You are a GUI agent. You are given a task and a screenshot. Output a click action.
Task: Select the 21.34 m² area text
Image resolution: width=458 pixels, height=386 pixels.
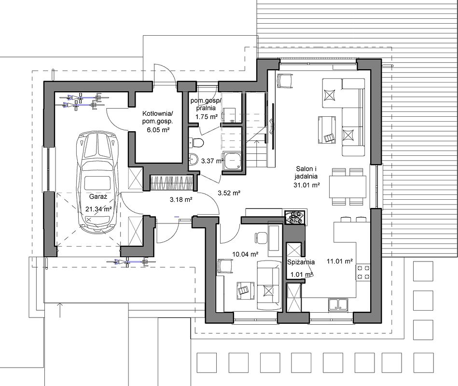[x=99, y=209]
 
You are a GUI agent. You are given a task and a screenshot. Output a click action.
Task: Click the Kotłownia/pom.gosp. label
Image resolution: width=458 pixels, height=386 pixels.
[x=158, y=117]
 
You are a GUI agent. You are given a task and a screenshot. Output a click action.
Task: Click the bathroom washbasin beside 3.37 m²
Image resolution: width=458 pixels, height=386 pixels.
[x=194, y=159]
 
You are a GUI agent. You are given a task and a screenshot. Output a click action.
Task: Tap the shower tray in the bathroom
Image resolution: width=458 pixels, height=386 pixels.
[x=233, y=160]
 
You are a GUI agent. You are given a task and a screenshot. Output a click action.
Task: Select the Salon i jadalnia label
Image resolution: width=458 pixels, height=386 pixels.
[x=306, y=173]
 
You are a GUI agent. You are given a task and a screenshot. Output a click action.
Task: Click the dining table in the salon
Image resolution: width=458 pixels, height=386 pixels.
[x=347, y=187]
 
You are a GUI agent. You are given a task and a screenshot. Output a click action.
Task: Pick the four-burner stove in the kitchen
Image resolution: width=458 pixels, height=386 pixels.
[x=363, y=272]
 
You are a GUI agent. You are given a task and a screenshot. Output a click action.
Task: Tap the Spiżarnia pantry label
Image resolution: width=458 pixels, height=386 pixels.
[x=301, y=262]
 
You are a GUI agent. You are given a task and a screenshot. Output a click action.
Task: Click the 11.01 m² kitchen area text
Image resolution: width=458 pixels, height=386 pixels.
[x=340, y=262]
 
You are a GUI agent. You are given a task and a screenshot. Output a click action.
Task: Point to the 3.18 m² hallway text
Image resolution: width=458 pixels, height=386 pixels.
[x=181, y=200]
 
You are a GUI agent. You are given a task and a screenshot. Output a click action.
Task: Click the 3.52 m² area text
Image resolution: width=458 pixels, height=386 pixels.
[x=229, y=193]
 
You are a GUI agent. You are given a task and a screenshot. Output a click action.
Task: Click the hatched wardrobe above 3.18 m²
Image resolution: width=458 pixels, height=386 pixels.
[x=172, y=183]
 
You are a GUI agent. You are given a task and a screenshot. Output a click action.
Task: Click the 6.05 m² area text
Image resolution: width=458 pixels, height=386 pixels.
[x=158, y=130]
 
